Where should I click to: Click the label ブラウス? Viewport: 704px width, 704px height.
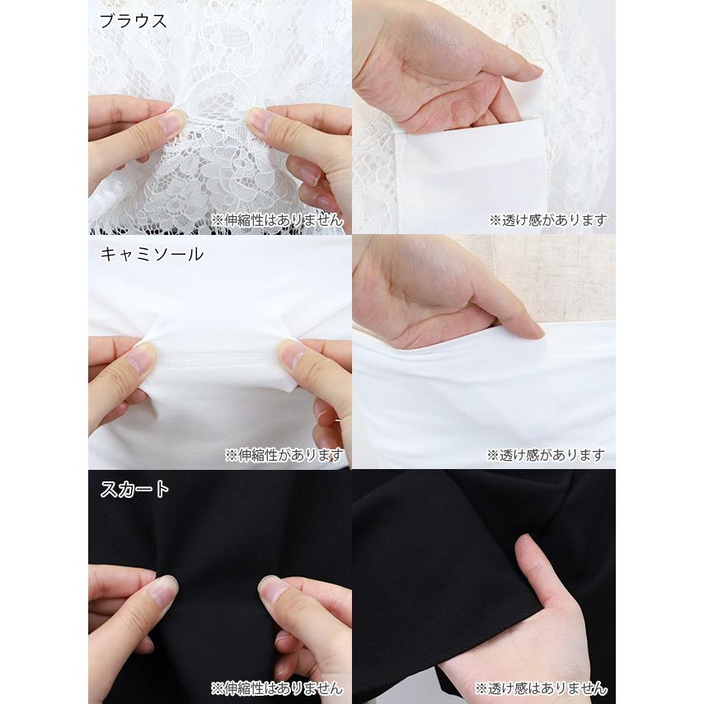coord(133,21)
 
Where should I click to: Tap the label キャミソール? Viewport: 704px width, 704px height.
coord(152,255)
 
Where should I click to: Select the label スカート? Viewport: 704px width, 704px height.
coord(134,489)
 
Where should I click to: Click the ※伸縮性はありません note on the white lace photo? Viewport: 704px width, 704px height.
coord(277,220)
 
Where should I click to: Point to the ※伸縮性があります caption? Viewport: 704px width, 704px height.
coord(284,455)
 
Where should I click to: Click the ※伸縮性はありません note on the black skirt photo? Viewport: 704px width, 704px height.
coord(277,688)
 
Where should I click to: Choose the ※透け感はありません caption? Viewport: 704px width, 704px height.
coord(541,688)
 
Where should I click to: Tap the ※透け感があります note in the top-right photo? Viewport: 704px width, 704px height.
coord(548,220)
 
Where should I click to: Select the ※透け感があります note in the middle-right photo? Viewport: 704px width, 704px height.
coord(546,455)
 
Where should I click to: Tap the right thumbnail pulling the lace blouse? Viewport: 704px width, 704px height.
coord(260,120)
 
